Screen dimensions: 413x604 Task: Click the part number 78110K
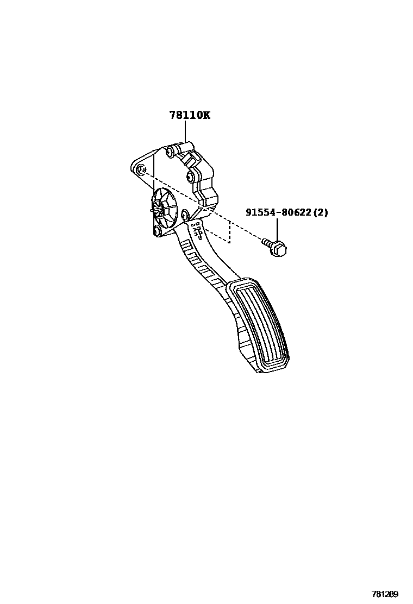[188, 115]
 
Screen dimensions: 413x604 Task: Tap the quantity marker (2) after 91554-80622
[321, 212]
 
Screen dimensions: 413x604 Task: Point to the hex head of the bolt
[279, 249]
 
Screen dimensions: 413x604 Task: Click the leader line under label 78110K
[185, 132]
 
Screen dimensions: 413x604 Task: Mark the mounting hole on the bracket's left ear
[140, 170]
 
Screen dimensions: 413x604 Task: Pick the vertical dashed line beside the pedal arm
[229, 232]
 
